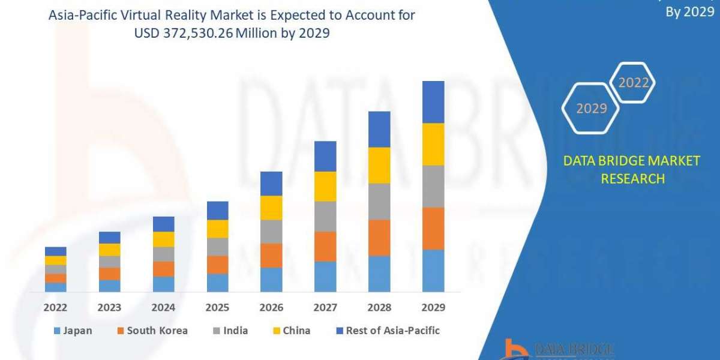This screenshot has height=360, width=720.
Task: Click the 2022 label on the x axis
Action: pos(55,308)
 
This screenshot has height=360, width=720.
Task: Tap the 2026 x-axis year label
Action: pos(271,308)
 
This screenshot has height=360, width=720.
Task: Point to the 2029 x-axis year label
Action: pos(433,308)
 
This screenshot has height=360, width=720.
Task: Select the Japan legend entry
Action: pos(73,331)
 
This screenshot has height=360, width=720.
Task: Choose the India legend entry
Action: pos(230,331)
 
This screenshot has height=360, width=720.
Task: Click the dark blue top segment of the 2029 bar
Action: pos(433,102)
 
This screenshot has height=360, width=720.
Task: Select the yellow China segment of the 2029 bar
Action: pos(433,144)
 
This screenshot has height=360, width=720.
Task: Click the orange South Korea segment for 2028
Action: pos(379,238)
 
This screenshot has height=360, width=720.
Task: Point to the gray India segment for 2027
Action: pos(325,216)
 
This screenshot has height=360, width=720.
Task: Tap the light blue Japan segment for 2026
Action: pos(271,280)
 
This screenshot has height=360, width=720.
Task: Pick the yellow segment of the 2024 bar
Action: pos(163,239)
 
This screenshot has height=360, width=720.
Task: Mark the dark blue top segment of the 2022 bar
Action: pos(55,251)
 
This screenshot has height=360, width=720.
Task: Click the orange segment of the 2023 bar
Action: pos(109,274)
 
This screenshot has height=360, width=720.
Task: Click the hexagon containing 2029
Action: pos(591,108)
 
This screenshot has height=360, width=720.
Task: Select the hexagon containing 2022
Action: pos(633,83)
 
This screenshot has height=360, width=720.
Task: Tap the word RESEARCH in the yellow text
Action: pos(632,178)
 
